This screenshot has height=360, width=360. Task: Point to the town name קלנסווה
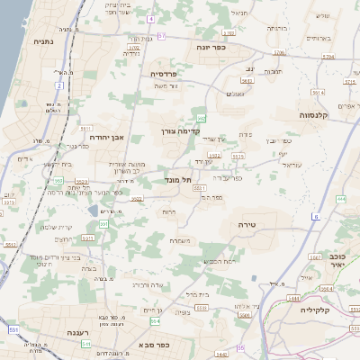click(318, 115)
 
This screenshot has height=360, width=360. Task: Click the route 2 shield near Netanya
click(59, 85)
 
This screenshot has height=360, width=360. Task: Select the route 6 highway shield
click(316, 217)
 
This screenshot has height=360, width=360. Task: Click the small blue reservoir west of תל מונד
click(94, 211)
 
